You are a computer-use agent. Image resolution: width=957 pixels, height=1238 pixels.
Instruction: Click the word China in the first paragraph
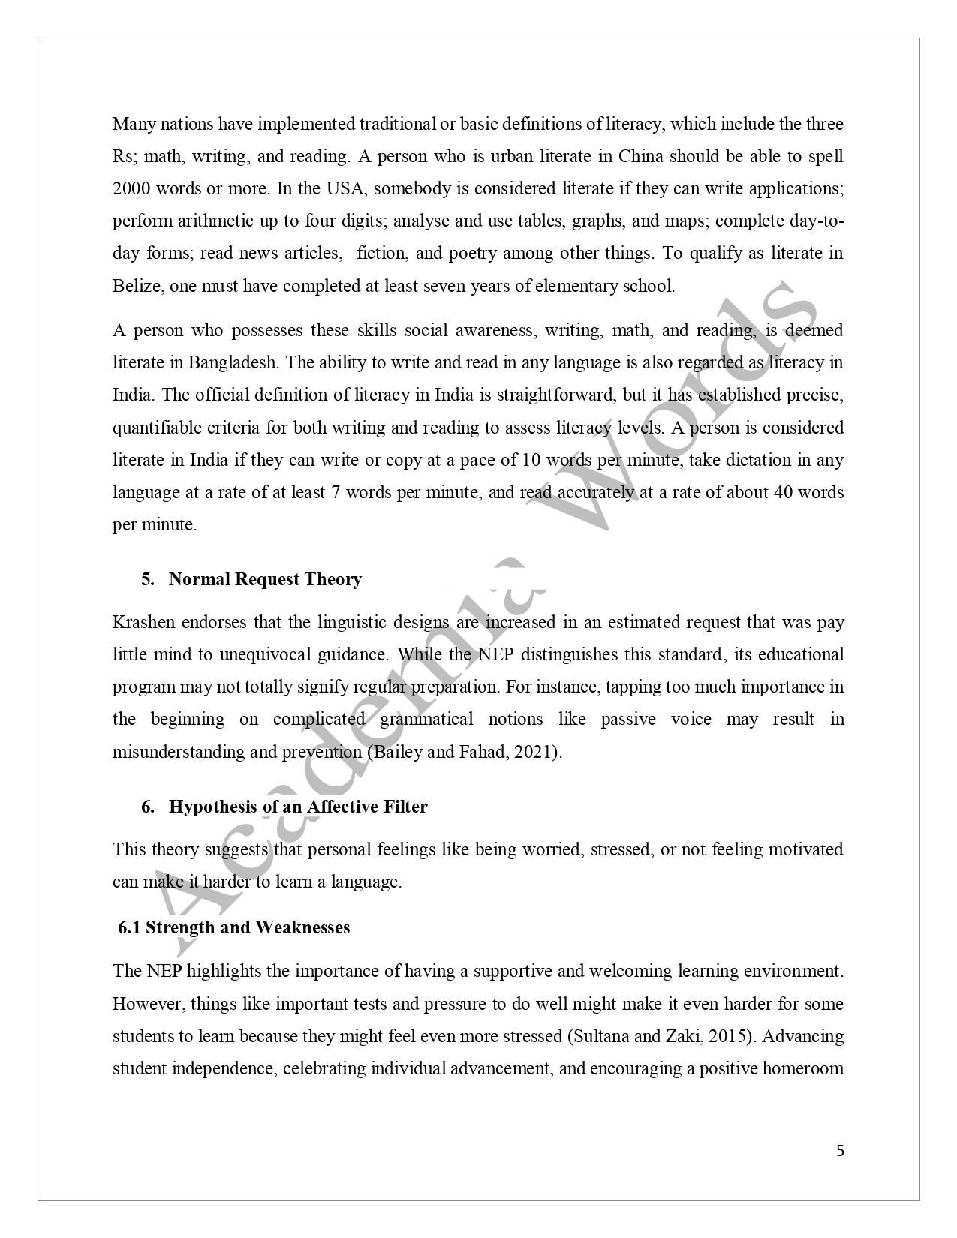coord(640,156)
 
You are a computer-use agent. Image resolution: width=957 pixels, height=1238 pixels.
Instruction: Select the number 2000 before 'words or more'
coord(131,188)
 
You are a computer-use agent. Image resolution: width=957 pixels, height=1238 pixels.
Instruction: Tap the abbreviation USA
coord(345,188)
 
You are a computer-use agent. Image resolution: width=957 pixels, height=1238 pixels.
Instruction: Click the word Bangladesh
coord(233,362)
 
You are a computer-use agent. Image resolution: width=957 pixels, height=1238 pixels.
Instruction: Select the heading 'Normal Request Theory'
coord(265,579)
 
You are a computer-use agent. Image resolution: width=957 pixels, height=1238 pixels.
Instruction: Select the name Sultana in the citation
coord(598,1036)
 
